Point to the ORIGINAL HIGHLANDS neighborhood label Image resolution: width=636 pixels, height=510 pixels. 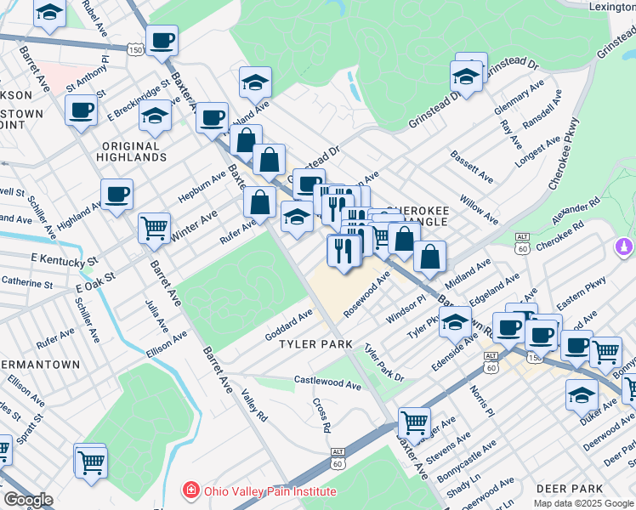132,151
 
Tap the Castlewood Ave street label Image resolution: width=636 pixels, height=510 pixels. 327,383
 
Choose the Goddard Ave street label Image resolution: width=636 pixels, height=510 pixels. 289,326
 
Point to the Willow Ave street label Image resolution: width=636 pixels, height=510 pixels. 479,208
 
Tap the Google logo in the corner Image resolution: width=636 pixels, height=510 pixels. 28,500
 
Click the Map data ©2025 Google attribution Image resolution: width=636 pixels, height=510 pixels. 584,503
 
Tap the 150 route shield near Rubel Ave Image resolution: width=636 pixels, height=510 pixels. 135,51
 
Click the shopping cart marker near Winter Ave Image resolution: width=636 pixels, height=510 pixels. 153,227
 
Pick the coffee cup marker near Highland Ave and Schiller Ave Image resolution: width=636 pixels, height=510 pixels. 116,194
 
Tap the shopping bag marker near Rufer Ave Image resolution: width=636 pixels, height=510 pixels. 259,202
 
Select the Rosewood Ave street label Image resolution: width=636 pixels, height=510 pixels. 366,295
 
